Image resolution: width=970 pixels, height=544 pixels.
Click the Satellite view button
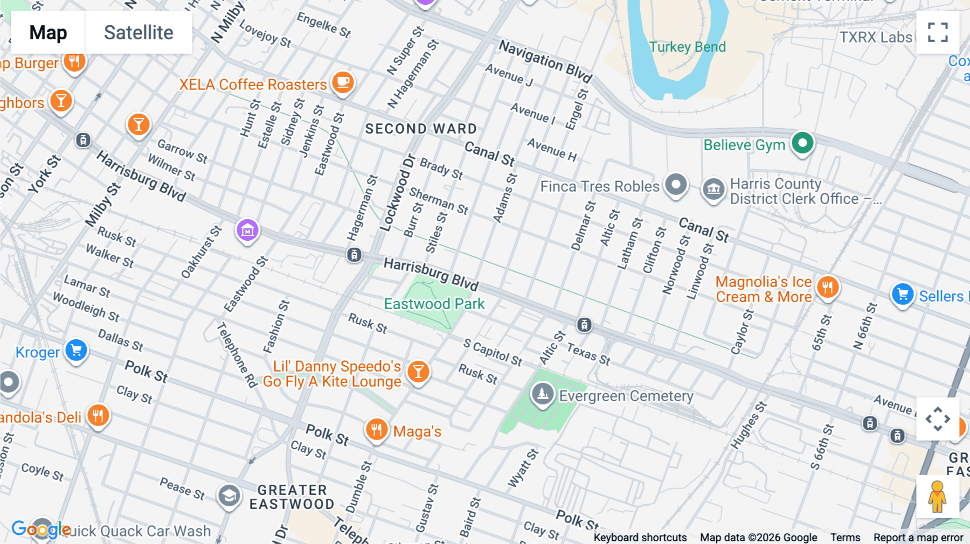point(138,32)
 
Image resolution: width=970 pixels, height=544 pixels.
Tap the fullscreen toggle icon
point(938,32)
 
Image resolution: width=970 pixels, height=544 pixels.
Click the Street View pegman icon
point(937,497)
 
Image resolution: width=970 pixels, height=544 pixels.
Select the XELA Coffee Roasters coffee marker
point(343,82)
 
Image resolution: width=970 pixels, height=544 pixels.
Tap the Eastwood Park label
point(434,304)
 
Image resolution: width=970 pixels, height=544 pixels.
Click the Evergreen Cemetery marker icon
point(543,394)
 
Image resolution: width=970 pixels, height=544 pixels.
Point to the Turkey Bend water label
point(687,47)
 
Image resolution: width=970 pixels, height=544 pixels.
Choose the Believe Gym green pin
point(802,143)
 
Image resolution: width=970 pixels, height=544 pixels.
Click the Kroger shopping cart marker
point(76,351)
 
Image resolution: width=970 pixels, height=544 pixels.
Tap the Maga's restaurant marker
point(377,430)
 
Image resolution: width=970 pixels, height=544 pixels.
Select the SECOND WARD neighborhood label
point(421,129)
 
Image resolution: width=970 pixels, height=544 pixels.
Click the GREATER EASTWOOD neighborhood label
point(292,497)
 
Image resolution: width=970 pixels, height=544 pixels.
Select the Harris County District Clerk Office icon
point(713,189)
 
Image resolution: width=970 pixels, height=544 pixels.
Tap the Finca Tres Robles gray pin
point(676,185)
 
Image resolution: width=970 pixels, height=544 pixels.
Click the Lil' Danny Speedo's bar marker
point(418,371)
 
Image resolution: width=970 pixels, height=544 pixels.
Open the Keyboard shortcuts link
point(640,538)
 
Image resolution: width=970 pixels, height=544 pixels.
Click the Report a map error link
point(918,538)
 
